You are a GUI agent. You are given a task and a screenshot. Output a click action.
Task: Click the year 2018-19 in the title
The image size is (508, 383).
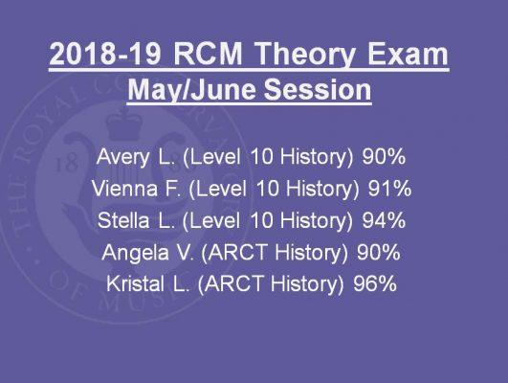click(x=105, y=54)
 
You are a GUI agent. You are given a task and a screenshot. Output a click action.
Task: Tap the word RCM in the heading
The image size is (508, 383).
click(x=209, y=54)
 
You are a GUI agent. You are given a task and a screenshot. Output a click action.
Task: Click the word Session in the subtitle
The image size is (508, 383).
click(x=318, y=89)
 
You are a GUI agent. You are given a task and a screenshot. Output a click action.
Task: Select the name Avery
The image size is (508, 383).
click(x=122, y=158)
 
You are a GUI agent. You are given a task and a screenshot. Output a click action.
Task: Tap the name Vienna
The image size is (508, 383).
click(x=124, y=188)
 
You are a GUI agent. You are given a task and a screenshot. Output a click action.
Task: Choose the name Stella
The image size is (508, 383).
click(x=123, y=220)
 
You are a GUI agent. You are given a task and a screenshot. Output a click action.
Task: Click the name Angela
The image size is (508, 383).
click(x=135, y=254)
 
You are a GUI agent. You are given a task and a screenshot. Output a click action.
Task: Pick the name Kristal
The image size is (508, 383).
click(x=135, y=283)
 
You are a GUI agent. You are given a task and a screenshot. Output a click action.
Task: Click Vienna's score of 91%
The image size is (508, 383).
click(x=389, y=188)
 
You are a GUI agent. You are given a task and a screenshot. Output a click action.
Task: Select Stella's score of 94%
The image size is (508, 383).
click(x=384, y=220)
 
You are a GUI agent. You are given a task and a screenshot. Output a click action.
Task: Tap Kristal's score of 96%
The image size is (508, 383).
click(x=375, y=283)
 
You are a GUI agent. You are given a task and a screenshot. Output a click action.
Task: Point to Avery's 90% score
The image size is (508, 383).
click(x=384, y=157)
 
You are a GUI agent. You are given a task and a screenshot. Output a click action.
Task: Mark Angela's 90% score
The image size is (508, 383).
click(x=379, y=252)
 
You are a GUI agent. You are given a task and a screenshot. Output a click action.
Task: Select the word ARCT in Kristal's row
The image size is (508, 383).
click(x=234, y=283)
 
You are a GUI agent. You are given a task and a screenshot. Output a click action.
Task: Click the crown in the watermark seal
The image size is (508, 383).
click(x=124, y=124)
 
